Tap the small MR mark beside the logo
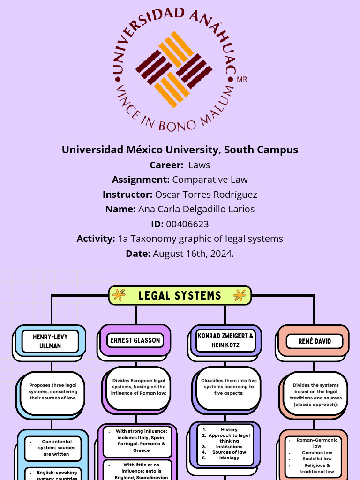[x=242, y=79]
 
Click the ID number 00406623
[x=187, y=224]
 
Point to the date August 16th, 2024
[x=193, y=254]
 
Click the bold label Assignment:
[x=141, y=180]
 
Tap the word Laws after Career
[x=199, y=165]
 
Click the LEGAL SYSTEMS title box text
[x=180, y=295]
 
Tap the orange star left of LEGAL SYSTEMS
[x=120, y=295]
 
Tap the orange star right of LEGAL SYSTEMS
[x=240, y=295]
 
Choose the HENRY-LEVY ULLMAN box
[x=50, y=342]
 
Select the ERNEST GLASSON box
[x=135, y=340]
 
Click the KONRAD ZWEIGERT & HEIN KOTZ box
[x=226, y=341]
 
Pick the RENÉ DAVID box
[x=315, y=341]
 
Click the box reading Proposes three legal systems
[x=52, y=392]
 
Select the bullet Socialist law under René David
[x=317, y=459]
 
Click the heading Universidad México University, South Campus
[x=180, y=150]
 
